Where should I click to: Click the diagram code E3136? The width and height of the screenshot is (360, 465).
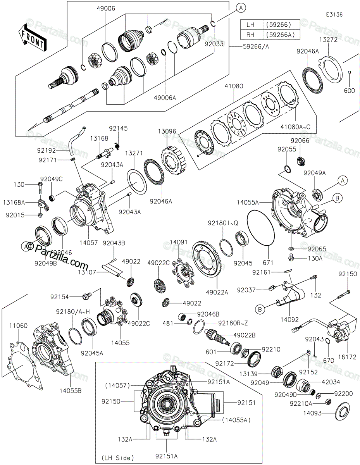click(x=334, y=14)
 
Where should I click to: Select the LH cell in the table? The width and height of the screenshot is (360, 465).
click(x=251, y=24)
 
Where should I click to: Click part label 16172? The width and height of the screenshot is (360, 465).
click(x=347, y=357)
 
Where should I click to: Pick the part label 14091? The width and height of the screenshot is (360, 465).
click(x=179, y=241)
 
